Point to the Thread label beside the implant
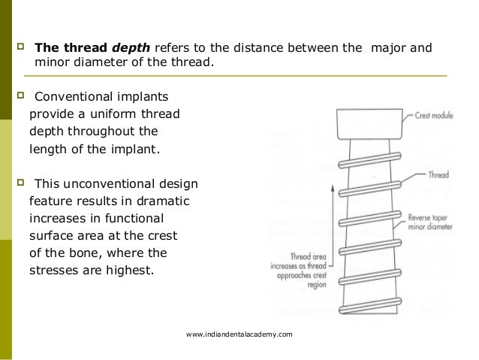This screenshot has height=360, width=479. [438, 175]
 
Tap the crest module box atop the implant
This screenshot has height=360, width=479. [367, 125]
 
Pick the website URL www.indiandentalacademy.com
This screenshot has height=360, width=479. [239, 333]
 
